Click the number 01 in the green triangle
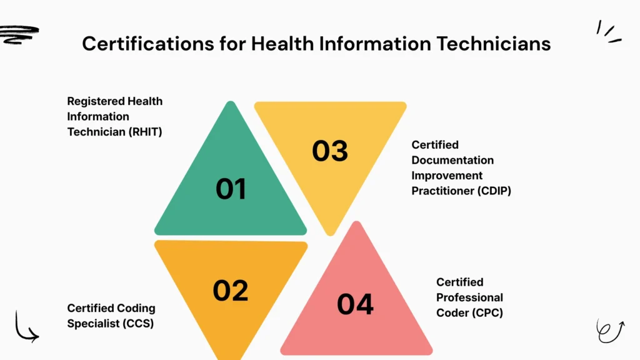[x=231, y=189]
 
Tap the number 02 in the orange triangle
[x=231, y=291]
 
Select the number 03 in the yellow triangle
[x=330, y=151]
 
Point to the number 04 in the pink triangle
[x=355, y=304]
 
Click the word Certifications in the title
[x=148, y=44]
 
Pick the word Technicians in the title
[x=494, y=44]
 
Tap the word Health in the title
[x=282, y=44]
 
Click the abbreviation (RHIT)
[x=145, y=132]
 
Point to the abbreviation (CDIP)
[x=494, y=191]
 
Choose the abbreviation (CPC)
[x=486, y=313]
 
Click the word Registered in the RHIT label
[x=96, y=101]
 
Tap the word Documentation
[x=452, y=161]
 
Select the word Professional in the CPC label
[x=469, y=297]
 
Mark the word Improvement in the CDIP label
[x=447, y=176]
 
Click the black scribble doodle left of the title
[x=19, y=34]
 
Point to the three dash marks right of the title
[x=609, y=32]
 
